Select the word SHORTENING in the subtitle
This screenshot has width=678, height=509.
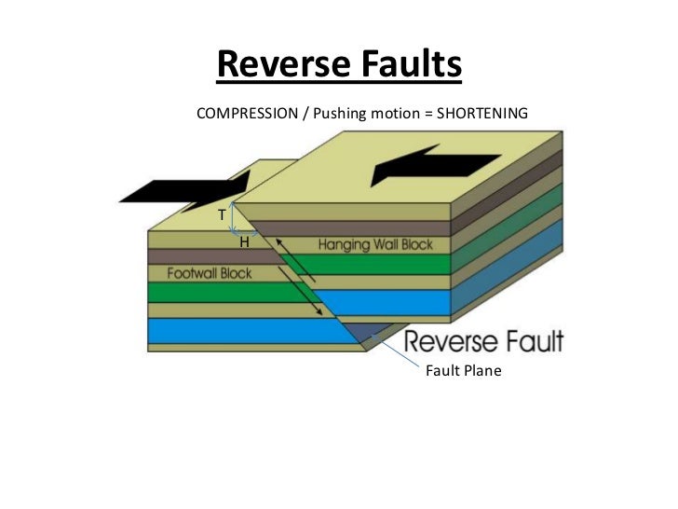click(x=481, y=113)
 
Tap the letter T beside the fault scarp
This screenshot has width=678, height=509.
click(x=222, y=214)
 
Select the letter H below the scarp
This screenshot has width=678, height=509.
click(x=244, y=241)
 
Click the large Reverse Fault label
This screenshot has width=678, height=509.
click(x=484, y=341)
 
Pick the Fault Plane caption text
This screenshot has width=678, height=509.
click(x=463, y=371)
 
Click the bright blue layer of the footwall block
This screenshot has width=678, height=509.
click(x=242, y=331)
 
